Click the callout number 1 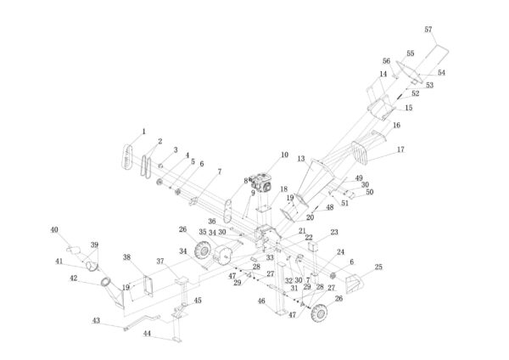point(144,132)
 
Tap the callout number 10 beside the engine point(284,155)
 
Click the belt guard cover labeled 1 point(125,156)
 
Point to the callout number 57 point(428,30)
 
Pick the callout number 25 point(378,267)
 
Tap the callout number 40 point(54,229)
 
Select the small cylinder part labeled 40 point(76,250)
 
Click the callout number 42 point(73,278)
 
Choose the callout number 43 point(96,320)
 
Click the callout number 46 point(261,301)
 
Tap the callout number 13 point(300,159)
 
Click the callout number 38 point(126,256)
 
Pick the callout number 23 point(333,232)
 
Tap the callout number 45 point(198,300)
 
